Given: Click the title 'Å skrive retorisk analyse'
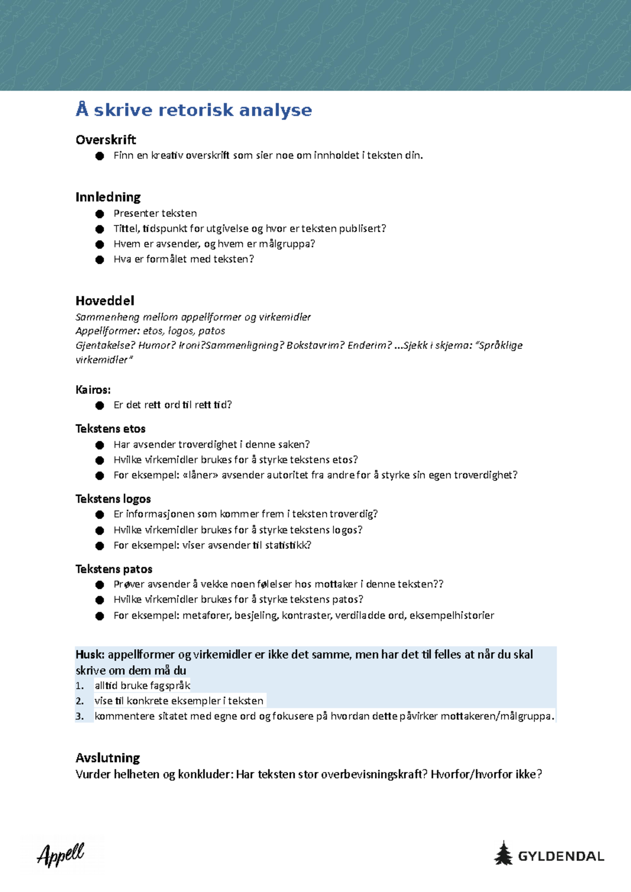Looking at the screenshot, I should tap(194, 110).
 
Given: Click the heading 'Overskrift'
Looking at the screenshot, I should tap(106, 140).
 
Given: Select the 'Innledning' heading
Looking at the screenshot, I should tap(108, 197).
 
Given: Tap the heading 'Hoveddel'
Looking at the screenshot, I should tap(105, 300).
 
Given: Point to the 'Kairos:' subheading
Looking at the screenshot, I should tap(93, 390).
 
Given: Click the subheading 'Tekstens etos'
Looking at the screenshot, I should tap(110, 429).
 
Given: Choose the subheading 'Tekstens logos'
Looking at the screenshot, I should tap(113, 499).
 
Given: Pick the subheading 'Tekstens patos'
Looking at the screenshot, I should tap(114, 569).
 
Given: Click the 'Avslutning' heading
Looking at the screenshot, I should tap(108, 758).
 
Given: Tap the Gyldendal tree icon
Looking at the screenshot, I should tap(503, 853).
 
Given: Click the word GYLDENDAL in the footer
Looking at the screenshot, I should tap(561, 856).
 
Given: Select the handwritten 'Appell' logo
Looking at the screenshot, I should tap(60, 854).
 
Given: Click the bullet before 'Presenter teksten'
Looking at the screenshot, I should tap(100, 214).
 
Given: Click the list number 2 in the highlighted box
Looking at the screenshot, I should tap(80, 701).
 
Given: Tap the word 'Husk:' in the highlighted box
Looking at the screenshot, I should tap(90, 655).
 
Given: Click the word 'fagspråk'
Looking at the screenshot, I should tap(170, 686).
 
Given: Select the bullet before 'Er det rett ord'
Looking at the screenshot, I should tap(100, 406).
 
